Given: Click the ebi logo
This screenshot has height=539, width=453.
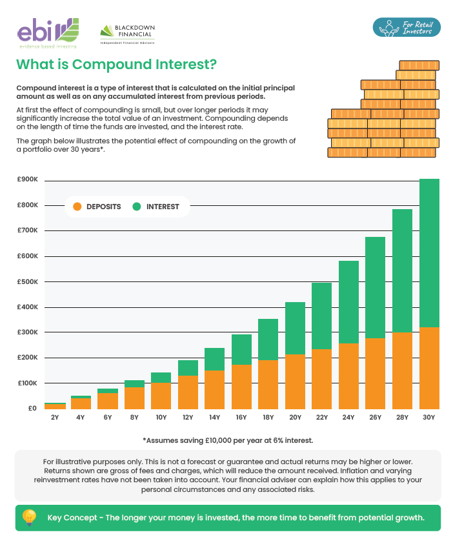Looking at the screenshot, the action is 48,33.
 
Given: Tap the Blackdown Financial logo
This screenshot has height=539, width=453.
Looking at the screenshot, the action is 128,34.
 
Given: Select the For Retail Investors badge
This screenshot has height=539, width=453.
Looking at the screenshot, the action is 407,28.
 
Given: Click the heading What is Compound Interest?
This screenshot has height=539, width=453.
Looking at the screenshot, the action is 117,65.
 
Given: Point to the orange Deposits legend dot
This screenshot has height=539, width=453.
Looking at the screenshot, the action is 77,207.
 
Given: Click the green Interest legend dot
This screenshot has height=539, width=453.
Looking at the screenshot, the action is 137,207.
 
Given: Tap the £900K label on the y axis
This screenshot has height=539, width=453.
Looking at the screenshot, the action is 28,179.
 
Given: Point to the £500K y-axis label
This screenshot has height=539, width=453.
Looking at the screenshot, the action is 28,282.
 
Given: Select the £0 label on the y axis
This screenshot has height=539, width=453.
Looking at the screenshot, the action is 32,409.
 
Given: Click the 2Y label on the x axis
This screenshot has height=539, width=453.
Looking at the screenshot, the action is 55,417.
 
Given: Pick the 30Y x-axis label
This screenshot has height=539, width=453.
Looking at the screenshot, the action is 429,417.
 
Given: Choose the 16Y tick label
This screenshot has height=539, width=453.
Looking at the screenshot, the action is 241,417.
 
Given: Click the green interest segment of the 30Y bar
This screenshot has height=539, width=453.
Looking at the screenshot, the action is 429,253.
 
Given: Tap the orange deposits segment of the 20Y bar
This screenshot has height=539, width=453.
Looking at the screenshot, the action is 296,381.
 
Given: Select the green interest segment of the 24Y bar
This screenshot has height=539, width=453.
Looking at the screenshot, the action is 349,302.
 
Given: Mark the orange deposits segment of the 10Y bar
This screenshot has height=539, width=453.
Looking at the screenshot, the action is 161,396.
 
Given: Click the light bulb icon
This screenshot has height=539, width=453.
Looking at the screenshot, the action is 29,517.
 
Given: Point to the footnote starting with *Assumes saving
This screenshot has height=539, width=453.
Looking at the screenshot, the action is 228,440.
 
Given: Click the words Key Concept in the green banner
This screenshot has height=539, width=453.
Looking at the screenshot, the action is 72,518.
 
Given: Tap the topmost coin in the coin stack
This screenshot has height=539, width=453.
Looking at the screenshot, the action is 419,65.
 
